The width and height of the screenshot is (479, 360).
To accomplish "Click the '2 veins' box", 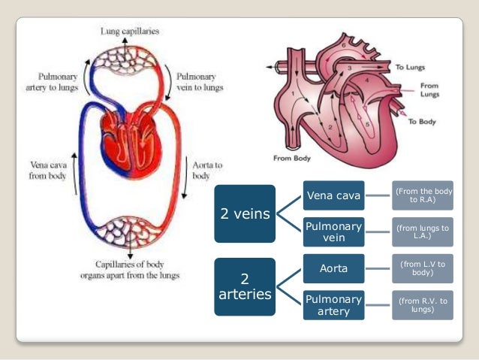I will pos(245,213).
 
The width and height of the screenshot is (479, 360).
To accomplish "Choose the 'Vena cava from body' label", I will pos(47,170).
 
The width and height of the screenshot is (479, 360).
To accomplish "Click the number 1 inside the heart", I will pos(294,96).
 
